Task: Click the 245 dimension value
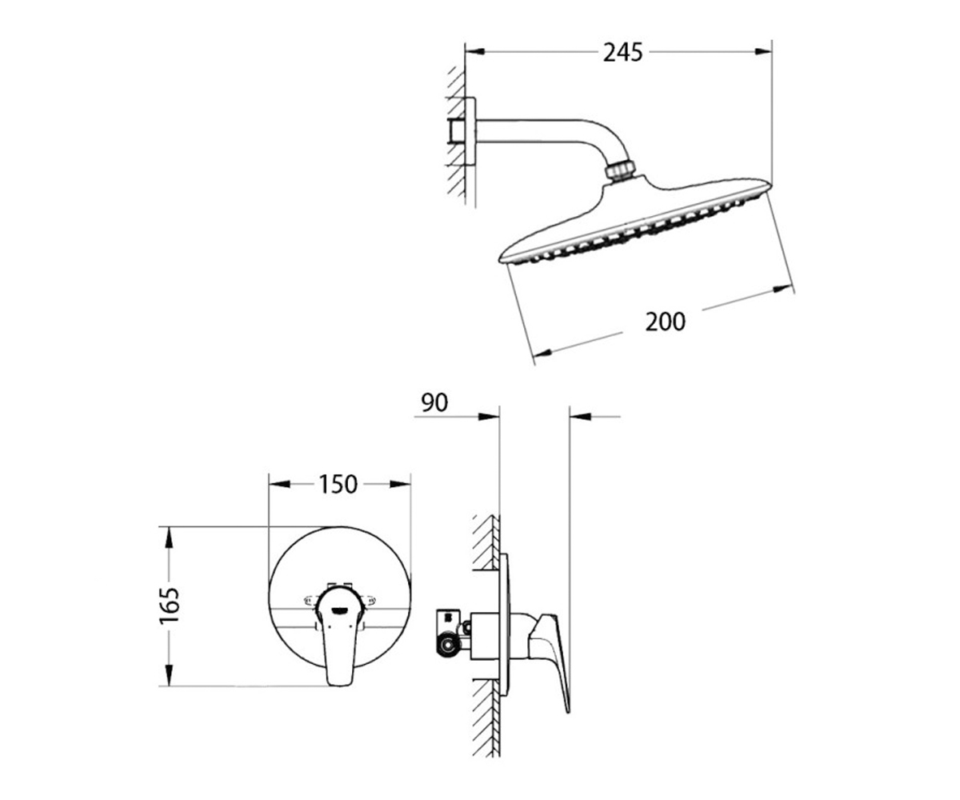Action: (x=622, y=53)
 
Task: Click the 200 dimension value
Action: (x=665, y=322)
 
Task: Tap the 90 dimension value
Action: (x=434, y=402)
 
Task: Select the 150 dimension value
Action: (x=338, y=484)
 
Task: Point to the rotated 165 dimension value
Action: (x=169, y=606)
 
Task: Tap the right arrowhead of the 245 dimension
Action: (x=762, y=52)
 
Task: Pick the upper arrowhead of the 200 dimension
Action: (x=783, y=289)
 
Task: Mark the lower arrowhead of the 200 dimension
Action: (x=542, y=353)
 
